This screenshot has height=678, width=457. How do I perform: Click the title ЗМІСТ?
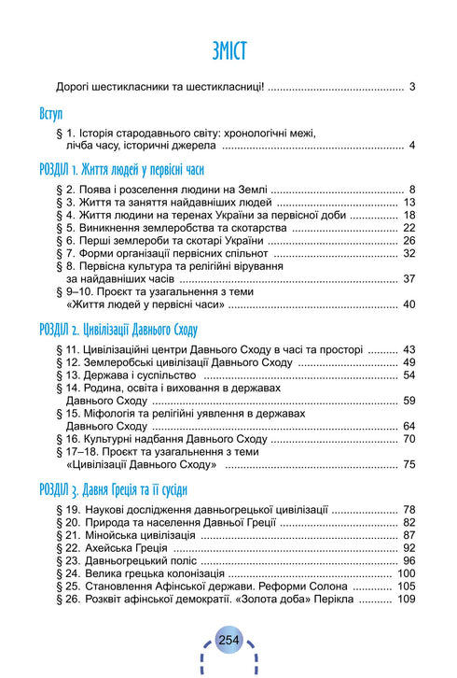228,49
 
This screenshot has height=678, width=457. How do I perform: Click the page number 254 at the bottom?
228,640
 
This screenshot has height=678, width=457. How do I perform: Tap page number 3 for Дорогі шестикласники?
411,87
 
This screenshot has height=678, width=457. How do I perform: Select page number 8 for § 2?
411,191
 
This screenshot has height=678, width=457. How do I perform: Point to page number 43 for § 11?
409,350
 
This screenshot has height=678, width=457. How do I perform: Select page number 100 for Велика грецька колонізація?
406,573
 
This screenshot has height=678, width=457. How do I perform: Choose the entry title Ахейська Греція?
130,548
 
